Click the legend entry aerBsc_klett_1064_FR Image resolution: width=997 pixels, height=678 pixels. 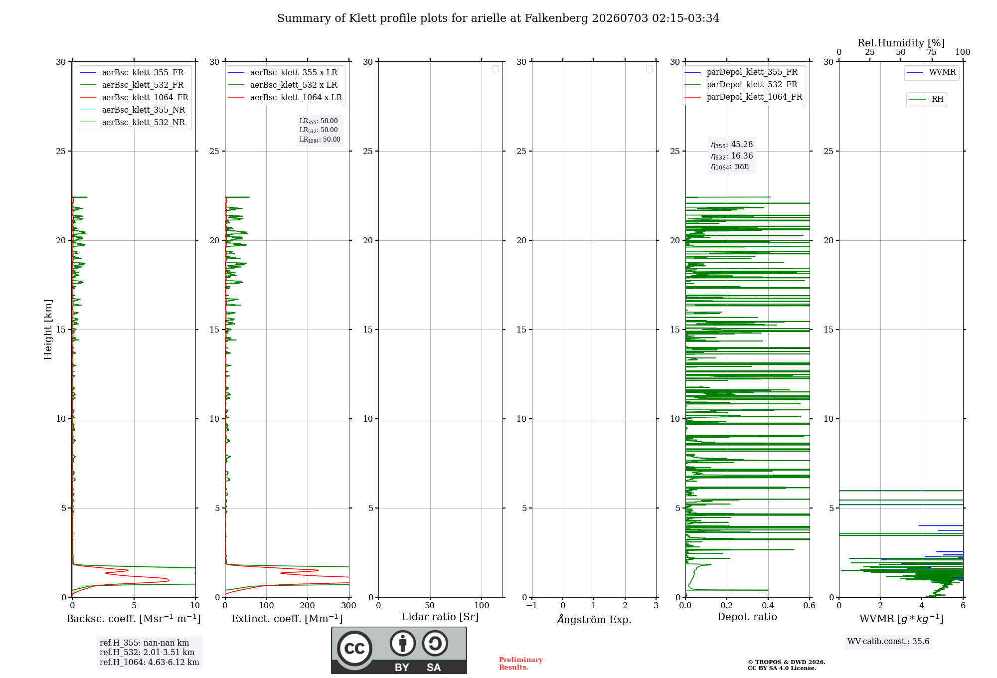(134, 98)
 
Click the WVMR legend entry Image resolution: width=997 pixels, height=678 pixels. (931, 72)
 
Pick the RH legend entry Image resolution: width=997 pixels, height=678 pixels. (926, 99)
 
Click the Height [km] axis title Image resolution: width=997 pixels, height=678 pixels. (48, 330)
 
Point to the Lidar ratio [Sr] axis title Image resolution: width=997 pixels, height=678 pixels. (440, 617)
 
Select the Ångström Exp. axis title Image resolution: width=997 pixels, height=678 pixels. (594, 619)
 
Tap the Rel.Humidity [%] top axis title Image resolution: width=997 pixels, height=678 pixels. (901, 43)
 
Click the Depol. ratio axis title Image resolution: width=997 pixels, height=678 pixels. (747, 617)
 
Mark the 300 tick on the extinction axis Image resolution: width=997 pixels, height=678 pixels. (349, 606)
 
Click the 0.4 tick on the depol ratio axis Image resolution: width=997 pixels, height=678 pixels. (768, 606)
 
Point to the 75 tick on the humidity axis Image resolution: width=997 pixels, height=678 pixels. (932, 52)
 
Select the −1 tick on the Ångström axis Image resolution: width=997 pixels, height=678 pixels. (532, 606)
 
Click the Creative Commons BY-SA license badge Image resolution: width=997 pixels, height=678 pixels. (399, 650)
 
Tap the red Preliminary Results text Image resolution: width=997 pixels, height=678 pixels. (521, 664)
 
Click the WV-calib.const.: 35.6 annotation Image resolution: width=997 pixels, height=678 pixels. (888, 642)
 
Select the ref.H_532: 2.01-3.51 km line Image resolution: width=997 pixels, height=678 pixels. (147, 653)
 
